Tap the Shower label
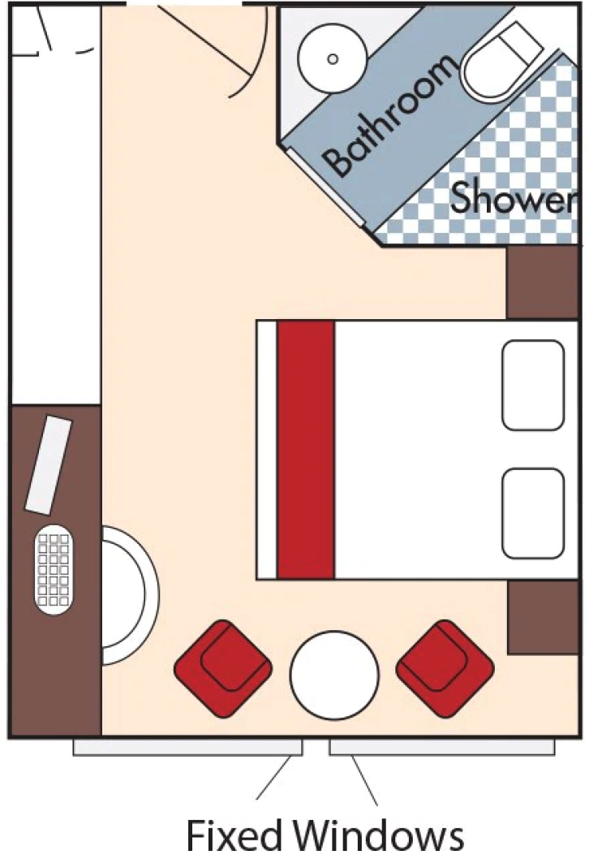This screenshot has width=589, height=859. click(514, 198)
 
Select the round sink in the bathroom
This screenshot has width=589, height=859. click(331, 58)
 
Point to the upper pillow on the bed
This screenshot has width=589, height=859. click(532, 385)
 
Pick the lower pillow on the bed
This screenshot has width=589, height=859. click(532, 513)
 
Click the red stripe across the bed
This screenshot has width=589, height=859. click(306, 449)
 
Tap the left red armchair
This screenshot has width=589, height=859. click(223, 667)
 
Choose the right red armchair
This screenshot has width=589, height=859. click(445, 667)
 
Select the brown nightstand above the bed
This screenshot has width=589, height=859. click(542, 283)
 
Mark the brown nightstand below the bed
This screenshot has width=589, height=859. click(542, 617)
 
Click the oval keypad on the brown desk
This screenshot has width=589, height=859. click(55, 569)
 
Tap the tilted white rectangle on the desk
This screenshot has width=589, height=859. click(49, 464)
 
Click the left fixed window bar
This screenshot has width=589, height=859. click(187, 747)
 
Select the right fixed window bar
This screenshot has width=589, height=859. click(441, 747)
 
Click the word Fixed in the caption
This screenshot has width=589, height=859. click(235, 836)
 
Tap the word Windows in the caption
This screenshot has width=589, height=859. click(380, 836)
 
